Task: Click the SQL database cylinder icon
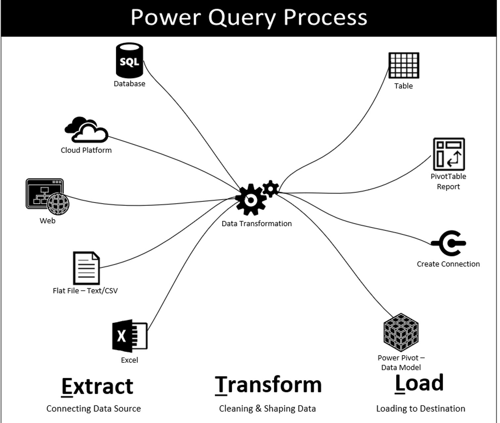(129, 60)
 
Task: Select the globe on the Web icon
(58, 204)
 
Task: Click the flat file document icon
(86, 268)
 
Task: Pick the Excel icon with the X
(129, 336)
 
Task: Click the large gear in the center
(251, 200)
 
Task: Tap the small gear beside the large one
(271, 189)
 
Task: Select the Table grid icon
(403, 65)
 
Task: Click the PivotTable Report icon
(449, 154)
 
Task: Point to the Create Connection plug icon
(449, 243)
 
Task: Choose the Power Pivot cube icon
(401, 332)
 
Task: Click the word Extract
(97, 387)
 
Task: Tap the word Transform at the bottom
(268, 385)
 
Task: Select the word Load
(419, 383)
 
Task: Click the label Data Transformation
(256, 224)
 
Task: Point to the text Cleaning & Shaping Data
(267, 409)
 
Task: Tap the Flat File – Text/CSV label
(85, 291)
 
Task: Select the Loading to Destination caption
(420, 409)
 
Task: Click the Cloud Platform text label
(86, 150)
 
